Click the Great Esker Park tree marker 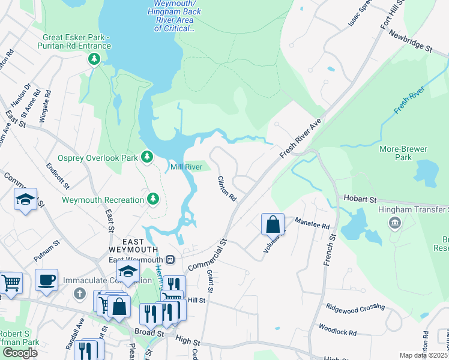point(94,59)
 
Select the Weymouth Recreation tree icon point(154,199)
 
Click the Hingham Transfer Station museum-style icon point(395,224)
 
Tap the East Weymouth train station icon point(170,259)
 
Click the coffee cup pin point(46,280)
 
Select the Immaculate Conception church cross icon point(79,293)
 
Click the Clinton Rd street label point(227,189)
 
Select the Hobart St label point(359,198)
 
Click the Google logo point(20,352)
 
